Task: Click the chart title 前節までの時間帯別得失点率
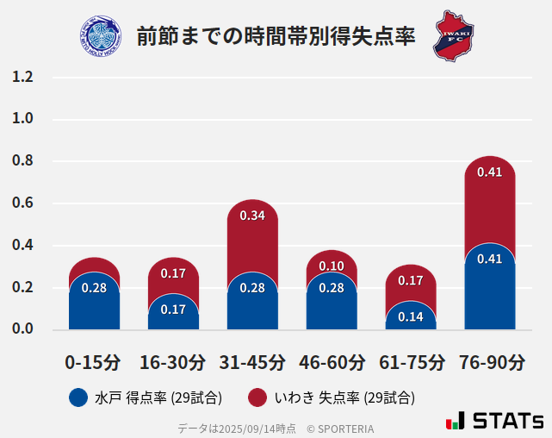click(x=276, y=36)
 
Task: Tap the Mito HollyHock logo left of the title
click(x=101, y=35)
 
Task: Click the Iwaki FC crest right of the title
click(x=453, y=35)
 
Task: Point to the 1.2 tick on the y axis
click(x=22, y=78)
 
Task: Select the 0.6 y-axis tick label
click(x=22, y=203)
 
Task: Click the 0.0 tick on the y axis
click(x=22, y=329)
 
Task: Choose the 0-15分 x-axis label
click(x=94, y=362)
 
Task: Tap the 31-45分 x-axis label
click(x=252, y=362)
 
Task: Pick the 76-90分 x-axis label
click(x=490, y=362)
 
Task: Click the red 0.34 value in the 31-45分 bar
click(x=252, y=216)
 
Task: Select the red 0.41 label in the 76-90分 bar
click(x=490, y=172)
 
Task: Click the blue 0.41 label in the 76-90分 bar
click(x=490, y=259)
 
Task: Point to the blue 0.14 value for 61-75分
click(x=411, y=316)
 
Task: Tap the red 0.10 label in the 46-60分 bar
click(x=332, y=266)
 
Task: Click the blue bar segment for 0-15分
click(x=94, y=306)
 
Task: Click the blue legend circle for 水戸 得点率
click(x=78, y=397)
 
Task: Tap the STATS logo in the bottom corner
click(x=494, y=421)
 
